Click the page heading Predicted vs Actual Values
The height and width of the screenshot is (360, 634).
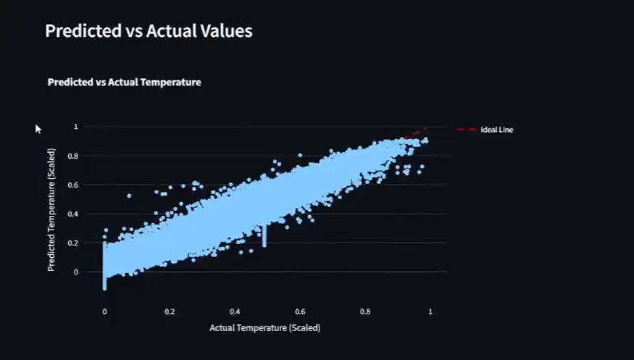[149, 31]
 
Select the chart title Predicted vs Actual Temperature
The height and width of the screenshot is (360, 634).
[124, 83]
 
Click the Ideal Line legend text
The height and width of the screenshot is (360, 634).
[496, 130]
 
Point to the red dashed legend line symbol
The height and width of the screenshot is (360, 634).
[466, 130]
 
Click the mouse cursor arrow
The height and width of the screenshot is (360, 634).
[38, 128]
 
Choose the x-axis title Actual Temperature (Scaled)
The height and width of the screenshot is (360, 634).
[264, 328]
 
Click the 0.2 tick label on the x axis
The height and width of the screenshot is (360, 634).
[170, 311]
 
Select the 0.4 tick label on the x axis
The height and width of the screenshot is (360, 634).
[235, 311]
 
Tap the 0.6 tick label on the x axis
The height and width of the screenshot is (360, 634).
[300, 311]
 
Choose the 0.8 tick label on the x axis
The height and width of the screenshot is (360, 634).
[365, 311]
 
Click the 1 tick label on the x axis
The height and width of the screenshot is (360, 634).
[430, 311]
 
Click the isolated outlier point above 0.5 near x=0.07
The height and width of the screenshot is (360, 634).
[129, 196]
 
